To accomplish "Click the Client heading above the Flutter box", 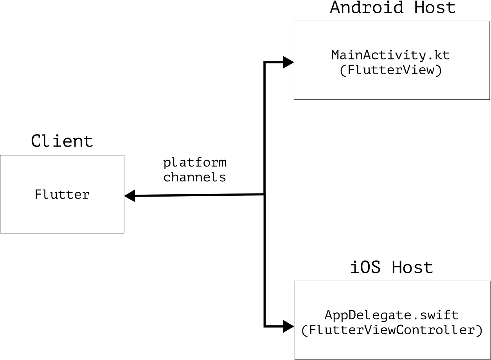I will pos(62,141).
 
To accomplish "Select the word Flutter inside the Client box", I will pos(62,194).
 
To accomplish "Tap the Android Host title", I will pos(392,7).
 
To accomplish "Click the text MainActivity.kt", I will pos(390,55).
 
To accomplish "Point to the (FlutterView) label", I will pos(390,71).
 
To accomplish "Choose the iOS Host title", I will pos(392,268).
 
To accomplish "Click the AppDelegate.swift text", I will pos(392,315).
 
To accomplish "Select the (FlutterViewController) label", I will pos(392,330).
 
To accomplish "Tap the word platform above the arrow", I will pos(194,162).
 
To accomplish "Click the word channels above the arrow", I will pos(194,177).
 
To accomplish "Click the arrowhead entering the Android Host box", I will pos(288,62).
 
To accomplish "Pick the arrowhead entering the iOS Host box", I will pos(288,326).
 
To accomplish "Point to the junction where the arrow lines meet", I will pos(265,194).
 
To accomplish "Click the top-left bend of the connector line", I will pos(265,63).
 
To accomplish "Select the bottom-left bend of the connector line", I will pos(265,326).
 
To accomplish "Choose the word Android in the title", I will pos(367,7).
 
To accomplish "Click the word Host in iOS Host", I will pos(413,268).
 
